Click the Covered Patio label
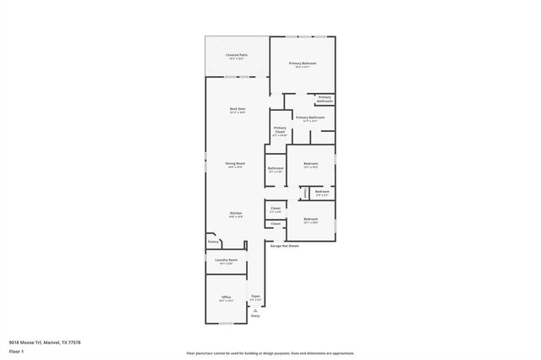237,55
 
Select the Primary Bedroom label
302,63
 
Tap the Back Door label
238,109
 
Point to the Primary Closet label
280,129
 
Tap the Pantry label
213,242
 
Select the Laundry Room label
226,260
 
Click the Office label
226,297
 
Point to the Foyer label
255,297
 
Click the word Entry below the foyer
254,315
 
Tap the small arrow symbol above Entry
254,309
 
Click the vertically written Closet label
306,194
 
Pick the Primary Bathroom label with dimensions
310,117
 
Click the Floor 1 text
17,351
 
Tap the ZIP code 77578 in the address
74,342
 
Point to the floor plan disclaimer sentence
270,352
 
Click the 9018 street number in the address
14,342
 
